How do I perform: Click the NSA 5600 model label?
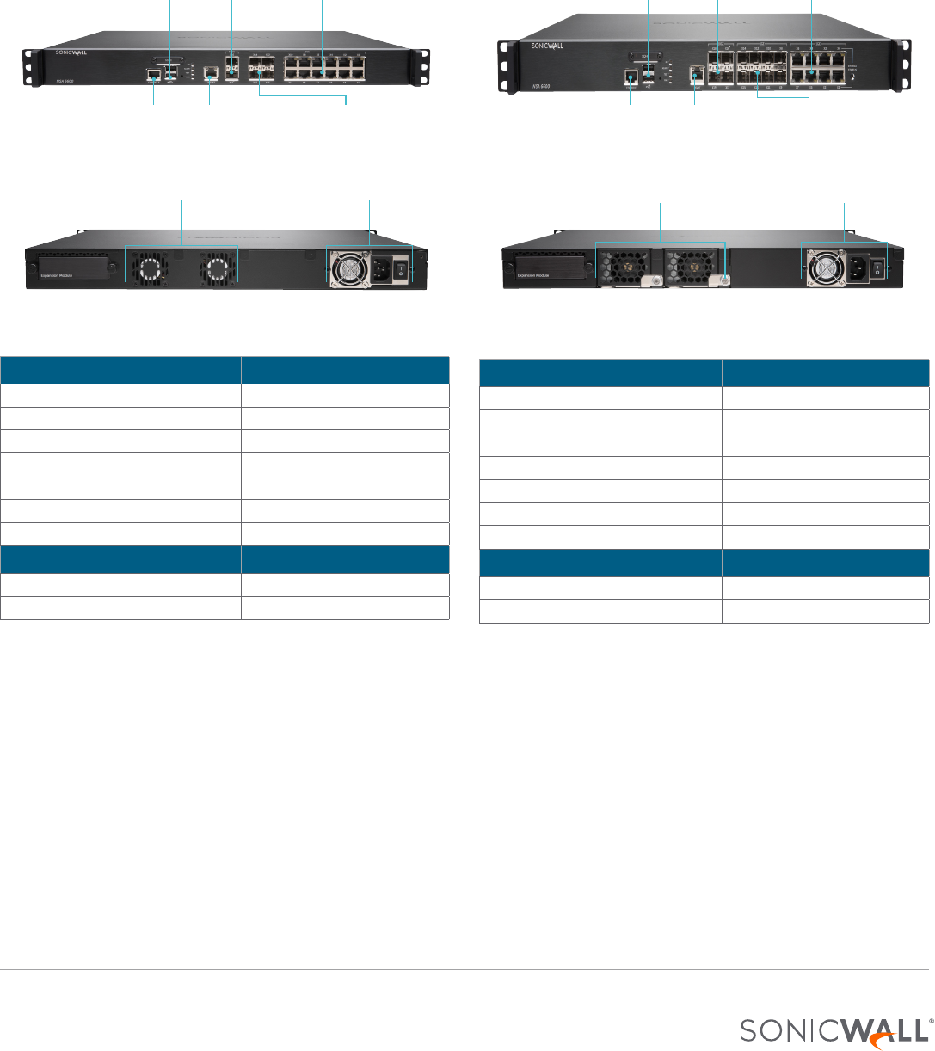coord(52,79)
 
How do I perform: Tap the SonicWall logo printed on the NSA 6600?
coord(547,46)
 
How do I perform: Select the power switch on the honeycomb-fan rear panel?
coord(877,269)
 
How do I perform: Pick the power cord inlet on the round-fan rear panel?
coord(381,270)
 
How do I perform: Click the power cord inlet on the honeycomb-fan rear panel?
coord(857,270)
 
